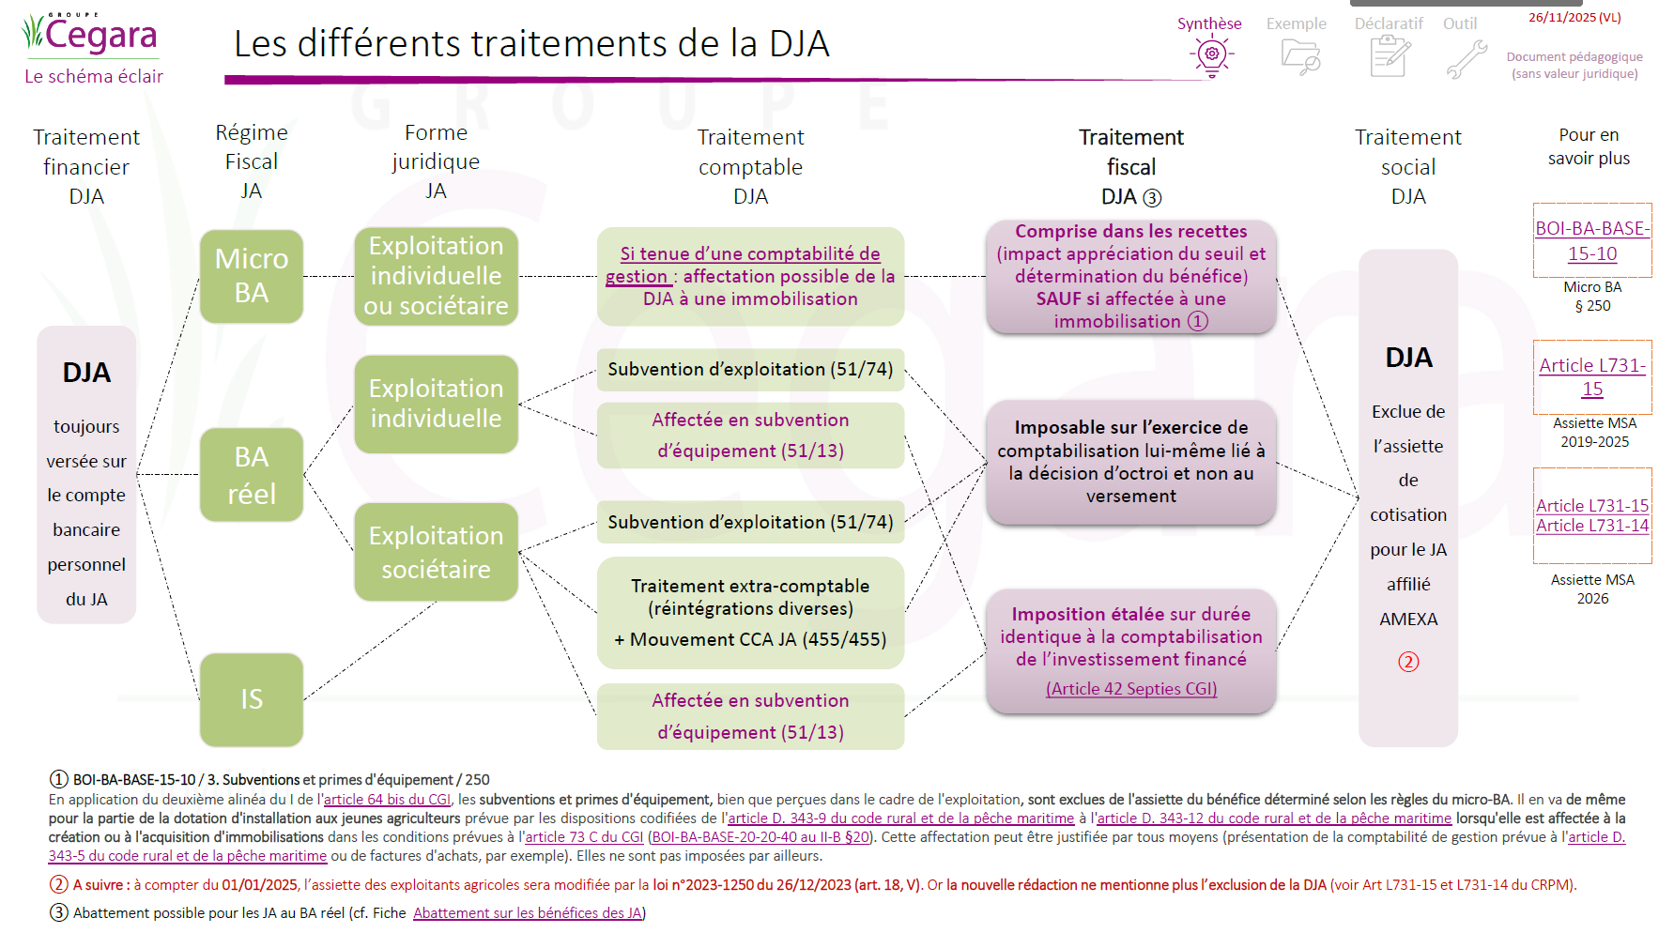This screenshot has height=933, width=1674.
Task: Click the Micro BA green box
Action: pyautogui.click(x=251, y=276)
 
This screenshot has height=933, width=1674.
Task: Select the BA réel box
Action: pyautogui.click(x=251, y=475)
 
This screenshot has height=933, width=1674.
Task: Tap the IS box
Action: pyautogui.click(x=251, y=699)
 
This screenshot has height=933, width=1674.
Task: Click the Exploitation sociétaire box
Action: pyautogui.click(x=436, y=552)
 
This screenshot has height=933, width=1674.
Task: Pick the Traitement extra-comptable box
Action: pyautogui.click(x=750, y=612)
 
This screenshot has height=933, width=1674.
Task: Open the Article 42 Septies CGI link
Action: pyautogui.click(x=1131, y=689)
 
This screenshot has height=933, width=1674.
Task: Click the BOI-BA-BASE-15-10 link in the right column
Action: pyautogui.click(x=1592, y=241)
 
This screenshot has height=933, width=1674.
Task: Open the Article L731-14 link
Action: pyautogui.click(x=1592, y=526)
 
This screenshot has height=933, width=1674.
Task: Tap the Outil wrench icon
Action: pyautogui.click(x=1466, y=58)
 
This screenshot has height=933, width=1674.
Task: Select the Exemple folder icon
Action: pyautogui.click(x=1299, y=56)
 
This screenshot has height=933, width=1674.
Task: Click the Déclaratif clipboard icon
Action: pyautogui.click(x=1390, y=56)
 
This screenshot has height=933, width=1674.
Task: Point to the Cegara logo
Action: pyautogui.click(x=90, y=36)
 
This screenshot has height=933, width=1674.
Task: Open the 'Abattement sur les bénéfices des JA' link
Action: pyautogui.click(x=528, y=913)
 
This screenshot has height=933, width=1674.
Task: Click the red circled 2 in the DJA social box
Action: pyautogui.click(x=1408, y=662)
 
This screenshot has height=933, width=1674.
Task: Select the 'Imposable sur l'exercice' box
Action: pyautogui.click(x=1130, y=462)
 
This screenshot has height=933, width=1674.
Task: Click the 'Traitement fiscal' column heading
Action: pyautogui.click(x=1130, y=166)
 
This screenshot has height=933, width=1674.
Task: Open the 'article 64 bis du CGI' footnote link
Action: pyautogui.click(x=387, y=800)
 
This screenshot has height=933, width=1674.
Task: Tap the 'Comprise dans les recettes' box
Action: pyautogui.click(x=1130, y=276)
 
